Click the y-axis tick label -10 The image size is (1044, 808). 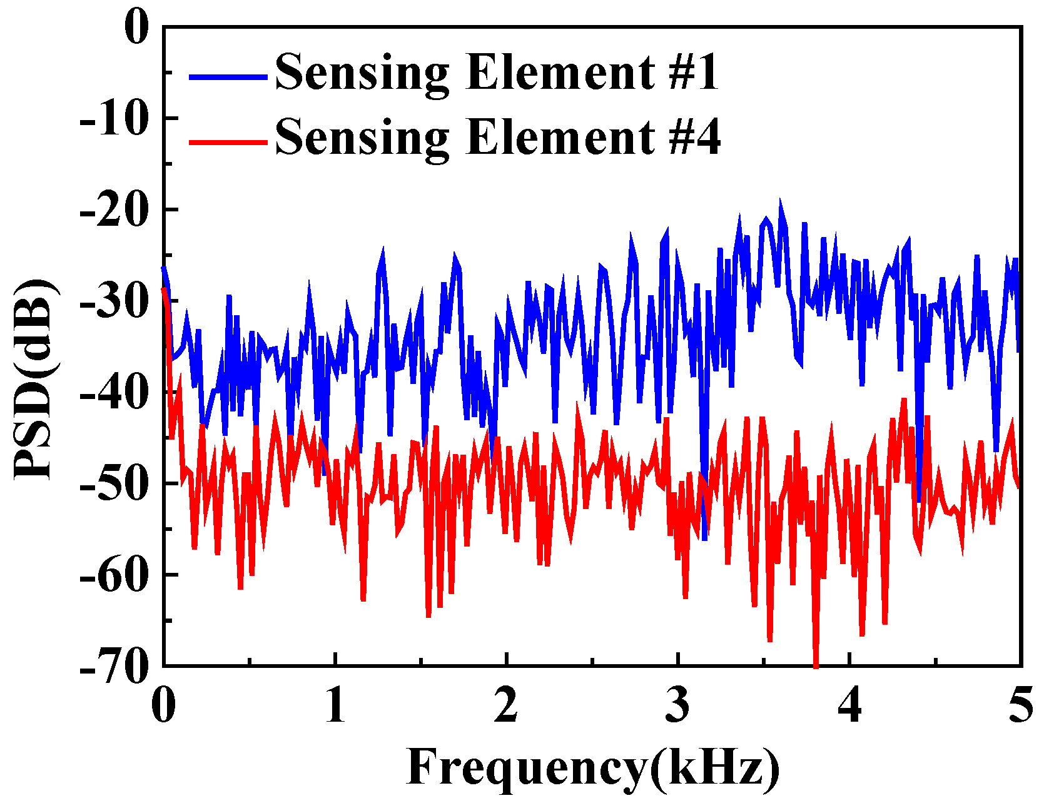pos(115,118)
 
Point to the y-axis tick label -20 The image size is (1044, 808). pos(115,210)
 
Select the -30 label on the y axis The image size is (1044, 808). pos(115,301)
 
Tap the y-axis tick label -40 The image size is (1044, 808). pos(115,392)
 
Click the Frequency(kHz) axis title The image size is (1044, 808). pos(593,767)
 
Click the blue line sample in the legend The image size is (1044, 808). pos(228,76)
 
